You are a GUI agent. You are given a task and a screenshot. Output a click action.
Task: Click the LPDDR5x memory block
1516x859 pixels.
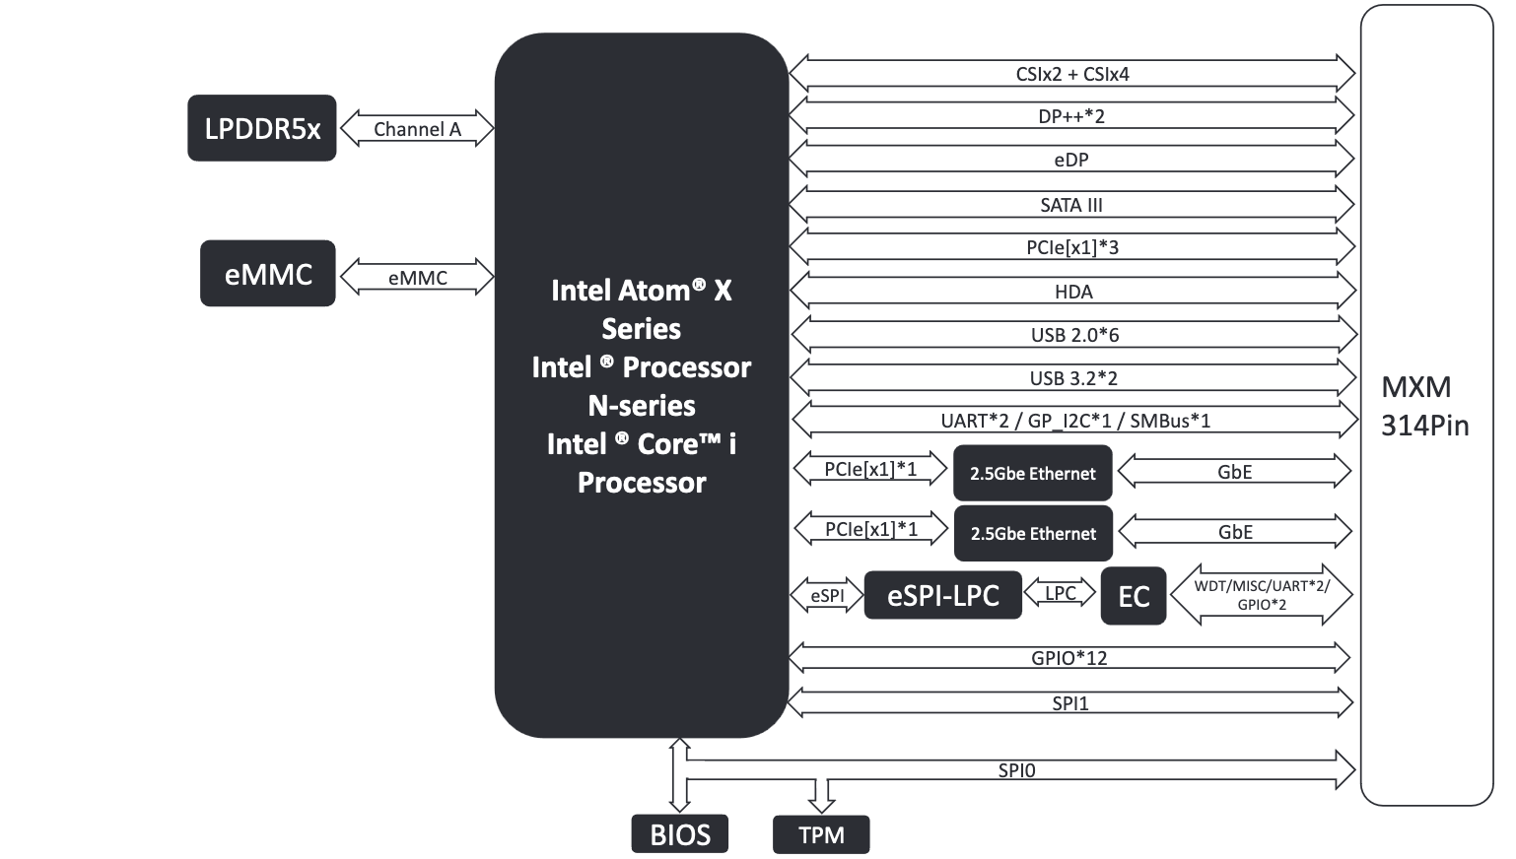pyautogui.click(x=262, y=128)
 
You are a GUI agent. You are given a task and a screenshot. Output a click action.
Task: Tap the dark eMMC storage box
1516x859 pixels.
pyautogui.click(x=268, y=274)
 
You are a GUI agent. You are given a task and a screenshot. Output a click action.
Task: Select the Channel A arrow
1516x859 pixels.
pyautogui.click(x=417, y=129)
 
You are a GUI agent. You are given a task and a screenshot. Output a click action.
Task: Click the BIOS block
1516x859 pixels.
pyautogui.click(x=680, y=834)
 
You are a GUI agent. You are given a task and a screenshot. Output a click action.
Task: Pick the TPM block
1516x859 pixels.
pyautogui.click(x=821, y=835)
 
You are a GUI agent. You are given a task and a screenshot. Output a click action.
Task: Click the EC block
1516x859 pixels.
pyautogui.click(x=1134, y=596)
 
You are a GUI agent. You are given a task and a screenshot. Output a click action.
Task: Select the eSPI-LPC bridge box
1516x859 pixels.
pyautogui.click(x=942, y=596)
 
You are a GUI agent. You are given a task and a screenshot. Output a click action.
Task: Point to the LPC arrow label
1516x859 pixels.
pyautogui.click(x=1061, y=593)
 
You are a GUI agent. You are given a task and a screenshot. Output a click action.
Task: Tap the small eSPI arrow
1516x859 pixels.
pyautogui.click(x=827, y=596)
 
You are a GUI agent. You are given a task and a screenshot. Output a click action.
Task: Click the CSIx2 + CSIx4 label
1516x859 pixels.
pyautogui.click(x=1072, y=74)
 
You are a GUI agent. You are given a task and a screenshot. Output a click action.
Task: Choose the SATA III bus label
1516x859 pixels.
pyautogui.click(x=1071, y=205)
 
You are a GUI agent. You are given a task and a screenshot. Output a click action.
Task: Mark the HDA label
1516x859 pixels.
pyautogui.click(x=1073, y=292)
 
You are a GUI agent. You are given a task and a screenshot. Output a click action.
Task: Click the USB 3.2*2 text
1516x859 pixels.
pyautogui.click(x=1073, y=378)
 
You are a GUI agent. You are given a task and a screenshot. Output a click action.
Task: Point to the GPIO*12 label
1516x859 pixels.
pyautogui.click(x=1069, y=658)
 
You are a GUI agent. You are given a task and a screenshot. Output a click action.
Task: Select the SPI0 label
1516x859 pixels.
pyautogui.click(x=1016, y=770)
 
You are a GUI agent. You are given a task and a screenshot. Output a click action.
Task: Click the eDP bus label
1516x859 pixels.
pyautogui.click(x=1071, y=160)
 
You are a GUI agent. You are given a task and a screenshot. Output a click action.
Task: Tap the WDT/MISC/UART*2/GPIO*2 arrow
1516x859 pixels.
pyautogui.click(x=1262, y=595)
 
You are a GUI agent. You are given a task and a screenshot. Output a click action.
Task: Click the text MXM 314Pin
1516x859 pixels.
pyautogui.click(x=1424, y=406)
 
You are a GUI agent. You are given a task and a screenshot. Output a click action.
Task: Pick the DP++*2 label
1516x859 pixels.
pyautogui.click(x=1071, y=116)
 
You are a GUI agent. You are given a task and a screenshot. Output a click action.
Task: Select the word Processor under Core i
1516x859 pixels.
pyautogui.click(x=642, y=483)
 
